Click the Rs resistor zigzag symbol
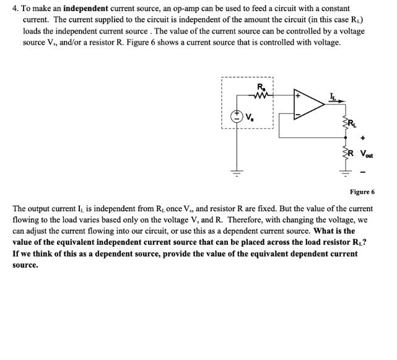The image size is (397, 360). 261,96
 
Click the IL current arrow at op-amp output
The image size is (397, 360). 334,97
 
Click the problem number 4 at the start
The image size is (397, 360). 14,10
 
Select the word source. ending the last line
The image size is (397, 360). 25,265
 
